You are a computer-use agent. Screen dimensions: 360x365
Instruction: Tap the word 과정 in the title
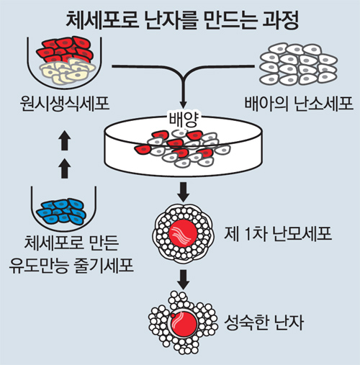pos(281,20)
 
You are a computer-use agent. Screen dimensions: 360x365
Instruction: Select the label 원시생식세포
pos(65,104)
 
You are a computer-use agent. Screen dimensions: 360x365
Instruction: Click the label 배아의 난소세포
pos(299,104)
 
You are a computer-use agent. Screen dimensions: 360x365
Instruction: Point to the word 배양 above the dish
pos(184,120)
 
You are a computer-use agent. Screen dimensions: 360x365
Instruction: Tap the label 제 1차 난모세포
pos(278,233)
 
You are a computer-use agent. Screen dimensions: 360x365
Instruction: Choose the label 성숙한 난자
pos(264,323)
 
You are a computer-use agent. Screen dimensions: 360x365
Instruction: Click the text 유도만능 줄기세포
pos(71,266)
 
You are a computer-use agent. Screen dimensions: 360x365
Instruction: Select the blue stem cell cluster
pos(61,211)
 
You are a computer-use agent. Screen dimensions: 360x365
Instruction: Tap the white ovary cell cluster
pos(299,64)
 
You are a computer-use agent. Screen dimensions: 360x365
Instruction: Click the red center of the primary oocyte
pos(183,233)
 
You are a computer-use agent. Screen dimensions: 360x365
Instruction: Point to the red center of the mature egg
pos(184,324)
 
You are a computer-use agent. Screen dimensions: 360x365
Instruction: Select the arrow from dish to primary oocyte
pos(184,192)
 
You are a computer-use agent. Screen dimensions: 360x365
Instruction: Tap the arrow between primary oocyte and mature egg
pos(184,279)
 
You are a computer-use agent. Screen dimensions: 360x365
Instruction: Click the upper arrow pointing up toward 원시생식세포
pos(64,140)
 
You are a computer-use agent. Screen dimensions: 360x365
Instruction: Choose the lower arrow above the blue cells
pos(64,168)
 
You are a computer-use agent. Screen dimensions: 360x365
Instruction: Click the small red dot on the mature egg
pos(172,315)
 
